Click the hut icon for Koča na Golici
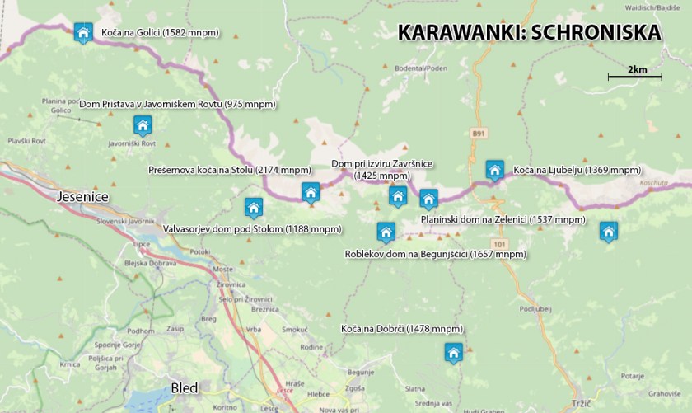click(82, 32)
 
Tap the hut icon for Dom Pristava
click(143, 125)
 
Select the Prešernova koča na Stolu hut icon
click(311, 193)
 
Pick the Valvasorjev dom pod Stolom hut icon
click(254, 207)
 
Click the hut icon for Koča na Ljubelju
click(494, 170)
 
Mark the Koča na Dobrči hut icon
click(452, 353)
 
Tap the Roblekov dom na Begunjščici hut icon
click(386, 232)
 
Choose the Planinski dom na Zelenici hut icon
click(428, 199)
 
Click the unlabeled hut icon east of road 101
click(608, 232)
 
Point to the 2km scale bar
click(634, 77)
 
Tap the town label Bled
click(184, 387)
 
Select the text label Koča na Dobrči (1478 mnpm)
click(401, 329)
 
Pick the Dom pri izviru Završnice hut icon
click(398, 196)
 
